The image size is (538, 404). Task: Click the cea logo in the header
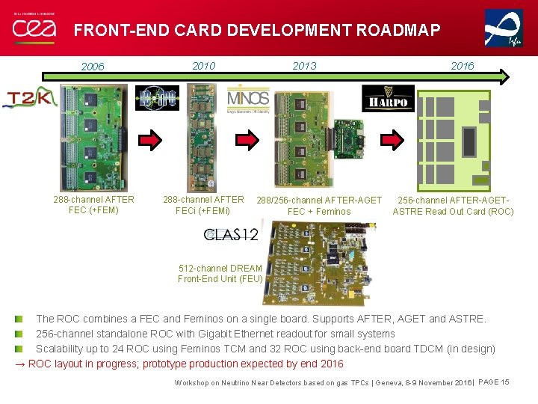(x=33, y=28)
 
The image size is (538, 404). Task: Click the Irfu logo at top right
(x=504, y=28)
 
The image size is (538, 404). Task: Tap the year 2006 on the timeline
(x=93, y=67)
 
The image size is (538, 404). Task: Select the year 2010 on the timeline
(x=204, y=66)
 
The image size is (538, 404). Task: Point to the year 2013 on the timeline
(x=304, y=66)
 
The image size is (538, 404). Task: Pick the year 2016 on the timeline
(x=462, y=66)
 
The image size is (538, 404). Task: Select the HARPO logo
(x=388, y=98)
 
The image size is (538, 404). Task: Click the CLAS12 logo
(x=232, y=234)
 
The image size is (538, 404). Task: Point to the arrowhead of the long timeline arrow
(x=505, y=76)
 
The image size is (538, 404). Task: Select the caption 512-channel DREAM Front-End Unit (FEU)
(x=220, y=274)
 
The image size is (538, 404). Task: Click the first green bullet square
(x=28, y=319)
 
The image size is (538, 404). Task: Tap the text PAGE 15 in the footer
(x=493, y=382)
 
